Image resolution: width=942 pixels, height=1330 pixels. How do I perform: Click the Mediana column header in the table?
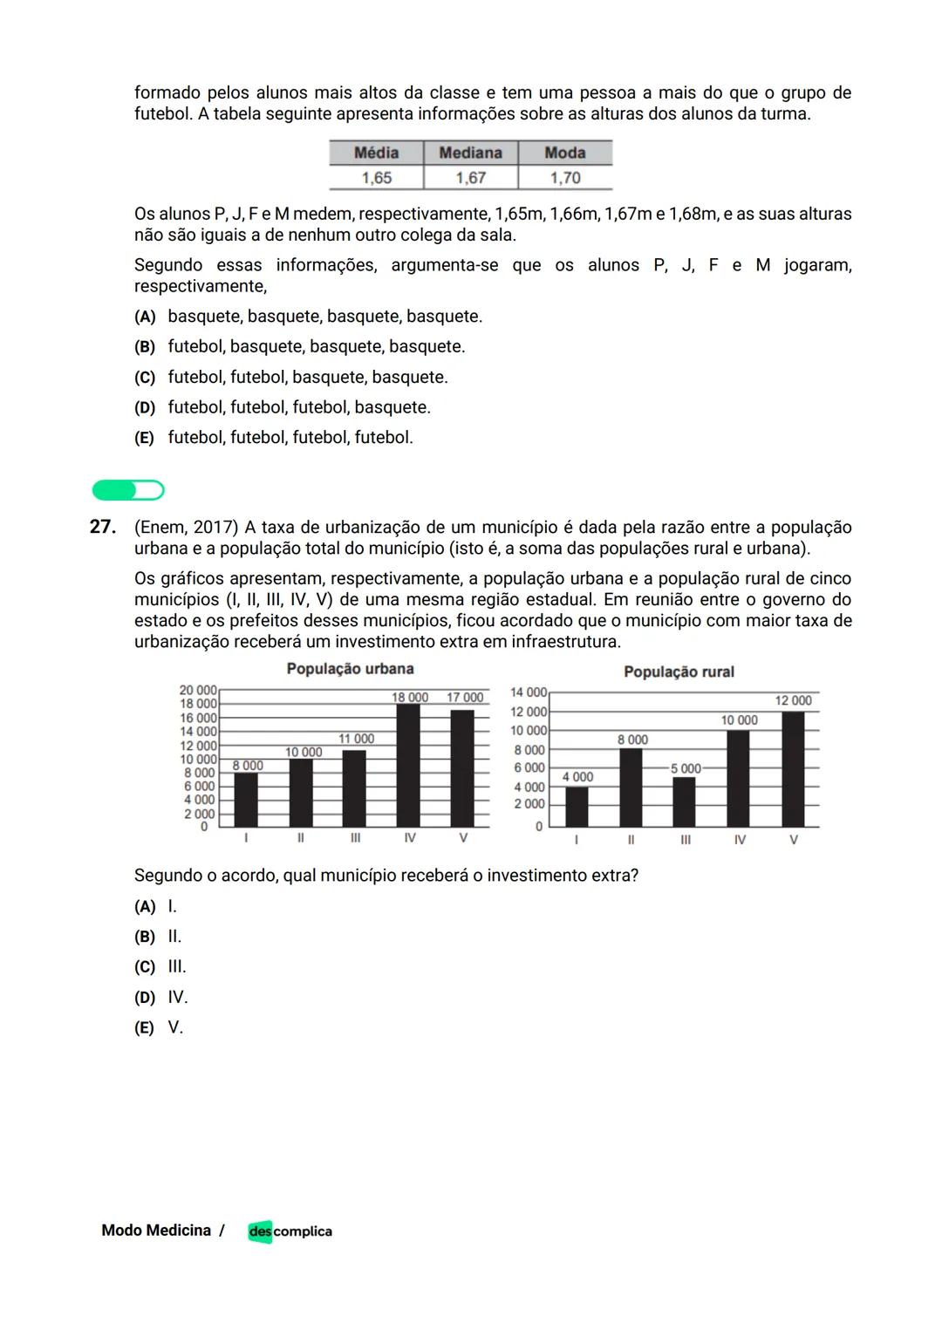[x=470, y=153]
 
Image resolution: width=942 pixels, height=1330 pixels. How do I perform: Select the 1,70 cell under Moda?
[x=565, y=178]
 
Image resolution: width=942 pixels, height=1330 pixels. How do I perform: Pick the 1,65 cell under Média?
[x=377, y=178]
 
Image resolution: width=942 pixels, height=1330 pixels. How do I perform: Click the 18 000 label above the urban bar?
[x=410, y=697]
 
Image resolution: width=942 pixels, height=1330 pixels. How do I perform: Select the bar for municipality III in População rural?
[x=685, y=802]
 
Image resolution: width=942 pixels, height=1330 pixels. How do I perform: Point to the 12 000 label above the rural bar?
[x=793, y=700]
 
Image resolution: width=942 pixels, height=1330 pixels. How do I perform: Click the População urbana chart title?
[x=350, y=669]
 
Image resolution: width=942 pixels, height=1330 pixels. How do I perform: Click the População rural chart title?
[x=679, y=672]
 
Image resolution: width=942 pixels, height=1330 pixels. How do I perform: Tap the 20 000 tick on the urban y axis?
[x=198, y=690]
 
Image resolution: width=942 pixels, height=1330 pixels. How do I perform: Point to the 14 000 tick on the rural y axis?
[x=529, y=692]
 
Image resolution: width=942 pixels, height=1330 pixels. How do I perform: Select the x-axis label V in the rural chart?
[x=793, y=840]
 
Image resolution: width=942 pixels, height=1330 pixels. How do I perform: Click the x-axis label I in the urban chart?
[x=246, y=837]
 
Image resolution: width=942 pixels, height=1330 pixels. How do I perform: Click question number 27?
[x=103, y=527]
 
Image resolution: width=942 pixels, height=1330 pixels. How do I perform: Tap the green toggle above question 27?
[x=128, y=490]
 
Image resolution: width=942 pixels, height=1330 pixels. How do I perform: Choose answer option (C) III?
[x=160, y=966]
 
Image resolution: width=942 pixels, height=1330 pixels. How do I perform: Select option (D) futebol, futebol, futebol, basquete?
[x=283, y=407]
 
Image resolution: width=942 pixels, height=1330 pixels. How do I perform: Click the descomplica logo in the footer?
[x=290, y=1231]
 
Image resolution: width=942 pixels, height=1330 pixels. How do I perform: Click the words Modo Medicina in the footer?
[x=156, y=1231]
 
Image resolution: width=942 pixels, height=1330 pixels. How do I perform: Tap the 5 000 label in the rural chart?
[x=686, y=768]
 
